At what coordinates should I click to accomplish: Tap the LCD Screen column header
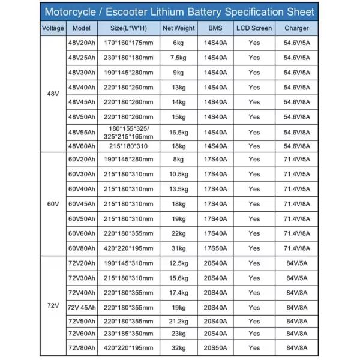click(254, 28)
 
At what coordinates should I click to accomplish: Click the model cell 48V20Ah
click(82, 43)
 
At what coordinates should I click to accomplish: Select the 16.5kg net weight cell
click(179, 132)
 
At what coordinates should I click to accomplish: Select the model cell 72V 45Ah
click(82, 307)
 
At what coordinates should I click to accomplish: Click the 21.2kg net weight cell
click(179, 321)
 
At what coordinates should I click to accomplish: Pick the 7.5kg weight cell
click(179, 58)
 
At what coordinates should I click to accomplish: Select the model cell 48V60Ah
click(82, 146)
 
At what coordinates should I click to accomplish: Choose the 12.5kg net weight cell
click(179, 263)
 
